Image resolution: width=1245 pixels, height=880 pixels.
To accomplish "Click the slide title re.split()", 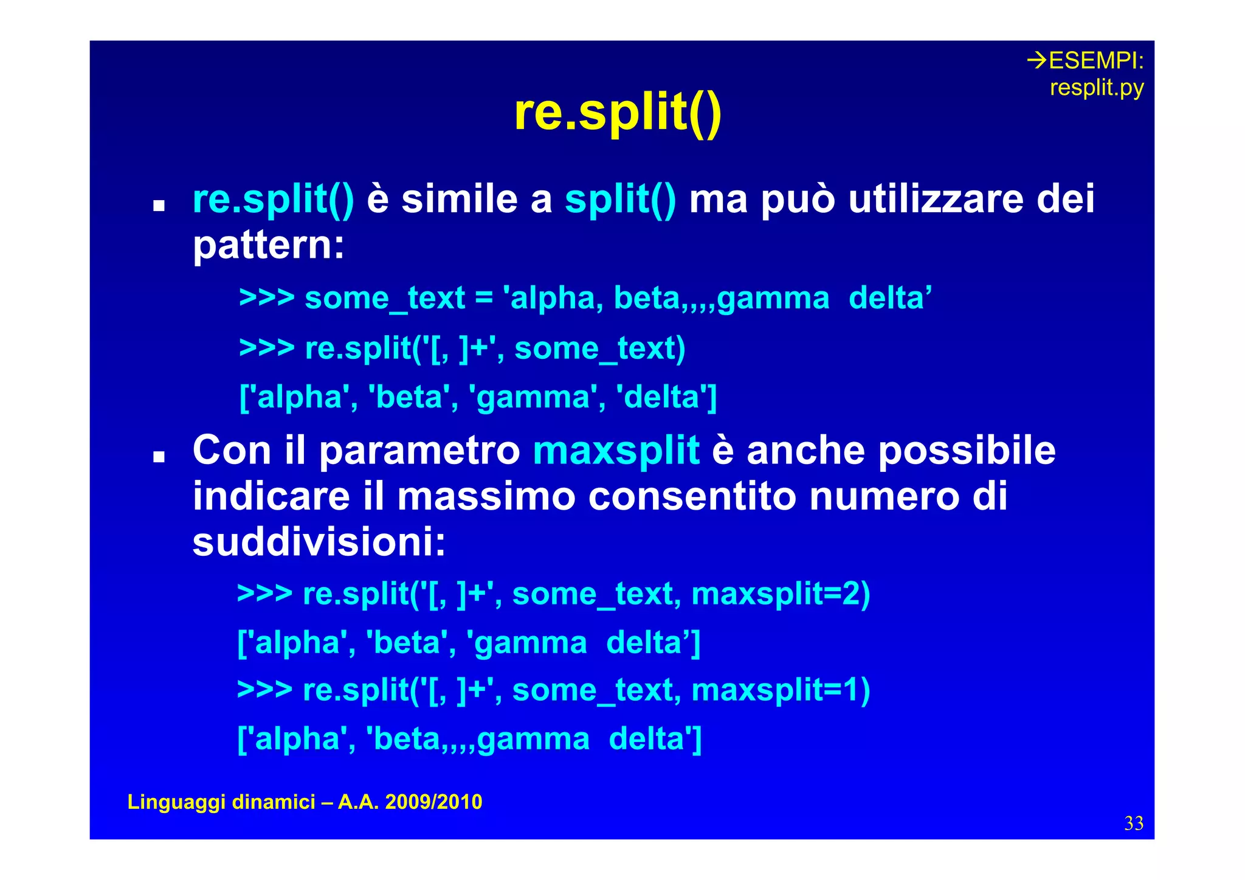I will click(618, 113).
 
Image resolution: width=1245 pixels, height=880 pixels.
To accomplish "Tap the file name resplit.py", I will click(1097, 88).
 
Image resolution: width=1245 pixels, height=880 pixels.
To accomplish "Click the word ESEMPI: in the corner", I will click(1095, 61).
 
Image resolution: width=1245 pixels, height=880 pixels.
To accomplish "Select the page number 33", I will click(1134, 823).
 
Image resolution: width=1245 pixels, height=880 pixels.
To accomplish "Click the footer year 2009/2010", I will click(433, 802).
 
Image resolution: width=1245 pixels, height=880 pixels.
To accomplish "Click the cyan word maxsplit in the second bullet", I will click(616, 451).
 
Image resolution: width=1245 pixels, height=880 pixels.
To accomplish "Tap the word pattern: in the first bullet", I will click(268, 245).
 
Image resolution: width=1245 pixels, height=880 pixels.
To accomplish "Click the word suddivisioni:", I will click(319, 542).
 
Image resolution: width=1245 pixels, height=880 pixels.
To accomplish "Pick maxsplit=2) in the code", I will click(781, 594).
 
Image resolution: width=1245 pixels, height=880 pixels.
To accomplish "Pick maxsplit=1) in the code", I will click(781, 690).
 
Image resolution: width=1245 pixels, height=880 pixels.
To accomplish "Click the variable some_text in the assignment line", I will click(384, 299).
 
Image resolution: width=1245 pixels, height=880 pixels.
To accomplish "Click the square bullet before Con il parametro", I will click(159, 457).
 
